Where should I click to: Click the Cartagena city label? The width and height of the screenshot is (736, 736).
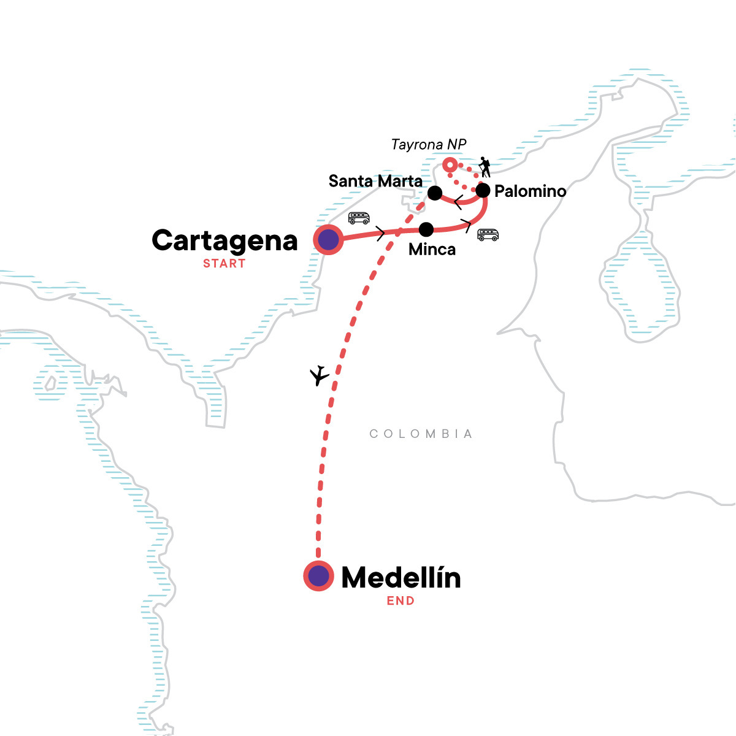point(224,241)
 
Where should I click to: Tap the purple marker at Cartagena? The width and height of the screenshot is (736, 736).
point(328,240)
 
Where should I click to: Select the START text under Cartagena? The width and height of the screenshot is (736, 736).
point(224,264)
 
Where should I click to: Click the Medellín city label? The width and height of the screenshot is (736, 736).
point(401,578)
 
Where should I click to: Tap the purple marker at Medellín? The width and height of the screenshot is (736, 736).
point(318,576)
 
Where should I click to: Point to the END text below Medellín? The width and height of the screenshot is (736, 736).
point(401,601)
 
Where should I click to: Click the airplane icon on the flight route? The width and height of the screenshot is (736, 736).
point(319,375)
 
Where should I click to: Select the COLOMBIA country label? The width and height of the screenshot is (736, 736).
point(421,434)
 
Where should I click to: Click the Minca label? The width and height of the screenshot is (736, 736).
point(432,250)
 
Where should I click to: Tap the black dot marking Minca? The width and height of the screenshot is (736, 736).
point(426,229)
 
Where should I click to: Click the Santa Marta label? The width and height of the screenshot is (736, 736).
point(375,181)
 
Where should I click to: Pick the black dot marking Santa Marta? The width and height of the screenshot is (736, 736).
point(435,193)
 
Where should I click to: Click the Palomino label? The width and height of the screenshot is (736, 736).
point(530,191)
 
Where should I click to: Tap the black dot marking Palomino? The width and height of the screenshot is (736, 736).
point(483,191)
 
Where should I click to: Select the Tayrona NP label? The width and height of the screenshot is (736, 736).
point(429,145)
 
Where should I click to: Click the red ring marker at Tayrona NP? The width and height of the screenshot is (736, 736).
point(450,165)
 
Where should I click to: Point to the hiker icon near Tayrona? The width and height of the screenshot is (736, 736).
point(485,167)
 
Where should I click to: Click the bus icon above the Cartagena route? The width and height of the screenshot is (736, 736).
point(359,218)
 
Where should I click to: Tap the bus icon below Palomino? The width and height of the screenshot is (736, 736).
point(488,235)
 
